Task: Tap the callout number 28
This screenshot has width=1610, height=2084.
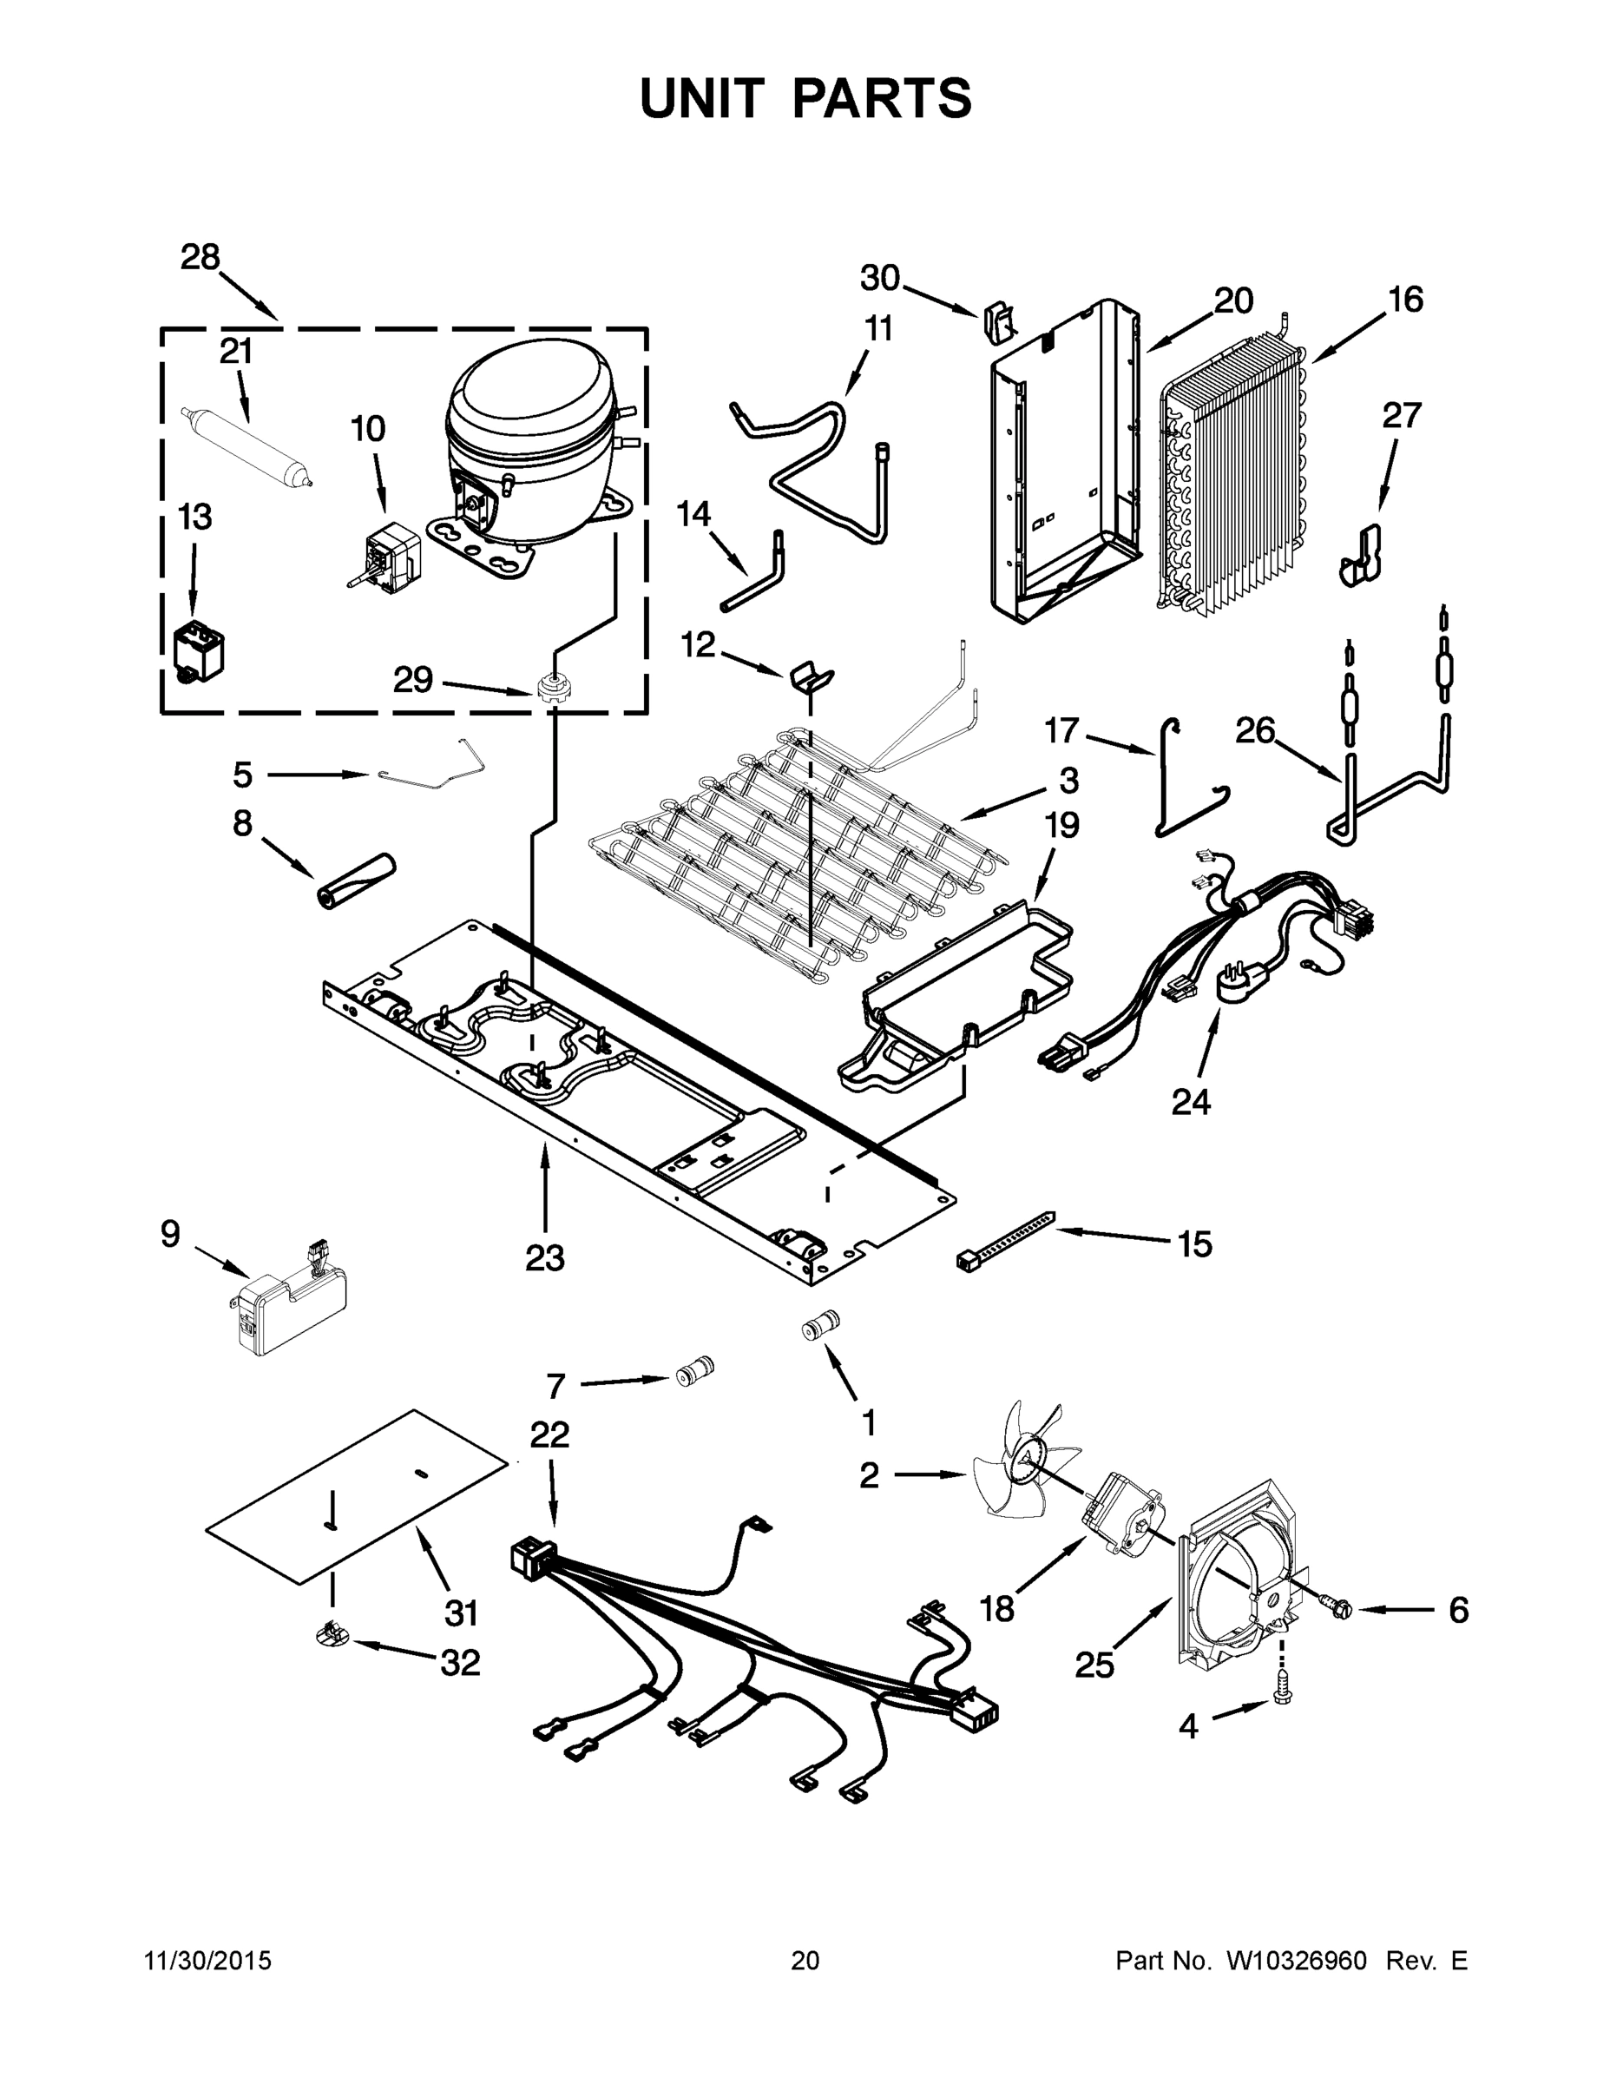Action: (x=200, y=258)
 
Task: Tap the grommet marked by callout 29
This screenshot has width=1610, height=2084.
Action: (x=550, y=688)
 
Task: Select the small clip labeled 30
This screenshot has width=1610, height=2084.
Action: (x=996, y=320)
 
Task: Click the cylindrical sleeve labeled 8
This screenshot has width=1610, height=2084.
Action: (x=356, y=882)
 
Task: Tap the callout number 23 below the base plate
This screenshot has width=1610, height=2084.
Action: (x=544, y=1257)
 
